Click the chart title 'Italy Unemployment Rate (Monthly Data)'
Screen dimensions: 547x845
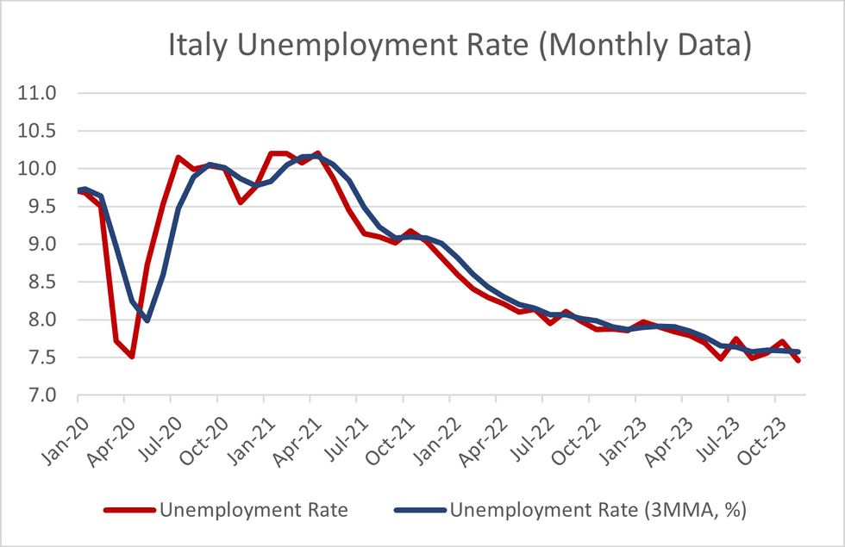(459, 47)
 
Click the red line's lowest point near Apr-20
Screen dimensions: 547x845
(132, 357)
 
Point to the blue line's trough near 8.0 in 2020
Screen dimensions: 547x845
(147, 320)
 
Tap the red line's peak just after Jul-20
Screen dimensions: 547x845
(178, 158)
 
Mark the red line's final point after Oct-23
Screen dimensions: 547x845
(798, 361)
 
